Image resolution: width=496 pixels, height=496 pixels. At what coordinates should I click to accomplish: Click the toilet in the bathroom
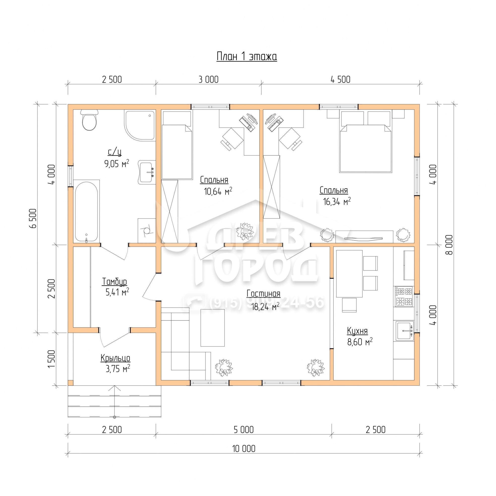click(x=89, y=120)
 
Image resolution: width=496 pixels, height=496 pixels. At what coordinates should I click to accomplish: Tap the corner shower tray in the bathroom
click(x=140, y=125)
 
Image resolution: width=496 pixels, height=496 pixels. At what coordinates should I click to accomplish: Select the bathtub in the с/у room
click(x=86, y=211)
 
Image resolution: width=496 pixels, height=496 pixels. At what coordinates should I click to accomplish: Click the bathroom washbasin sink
click(x=147, y=172)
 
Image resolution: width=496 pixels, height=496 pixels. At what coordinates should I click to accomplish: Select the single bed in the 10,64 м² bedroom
click(x=177, y=145)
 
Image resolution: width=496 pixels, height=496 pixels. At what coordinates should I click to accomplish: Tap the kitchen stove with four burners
click(x=404, y=297)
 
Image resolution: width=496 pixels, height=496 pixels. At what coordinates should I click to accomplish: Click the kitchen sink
click(x=404, y=331)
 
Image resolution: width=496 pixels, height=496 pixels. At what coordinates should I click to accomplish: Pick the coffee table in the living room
click(x=213, y=328)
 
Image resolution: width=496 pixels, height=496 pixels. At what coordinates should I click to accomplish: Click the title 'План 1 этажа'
click(x=247, y=57)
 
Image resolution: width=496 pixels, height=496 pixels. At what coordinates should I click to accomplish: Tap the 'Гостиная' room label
click(x=263, y=293)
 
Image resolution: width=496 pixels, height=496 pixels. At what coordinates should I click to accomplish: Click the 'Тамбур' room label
click(x=115, y=282)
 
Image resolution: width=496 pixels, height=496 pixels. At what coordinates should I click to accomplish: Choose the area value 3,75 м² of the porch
click(x=118, y=369)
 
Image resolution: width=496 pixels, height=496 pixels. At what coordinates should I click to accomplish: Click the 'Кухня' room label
click(x=357, y=331)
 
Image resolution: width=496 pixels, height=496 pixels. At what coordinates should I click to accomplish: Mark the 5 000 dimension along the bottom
click(x=244, y=430)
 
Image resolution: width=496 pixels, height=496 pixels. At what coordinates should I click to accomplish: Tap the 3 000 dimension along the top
click(x=209, y=80)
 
